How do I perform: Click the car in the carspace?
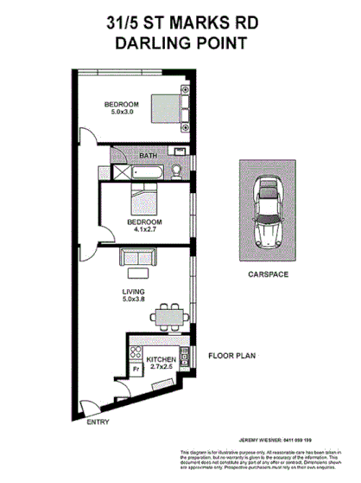coord(269,214)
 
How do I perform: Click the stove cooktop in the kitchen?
coord(135,351)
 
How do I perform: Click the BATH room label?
coord(148,156)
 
